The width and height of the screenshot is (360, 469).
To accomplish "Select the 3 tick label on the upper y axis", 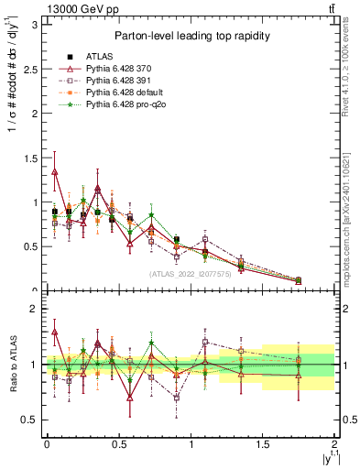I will (35, 24).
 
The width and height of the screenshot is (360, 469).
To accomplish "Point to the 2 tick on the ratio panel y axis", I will (35, 309).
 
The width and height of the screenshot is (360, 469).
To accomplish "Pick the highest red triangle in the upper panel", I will (55, 171).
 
